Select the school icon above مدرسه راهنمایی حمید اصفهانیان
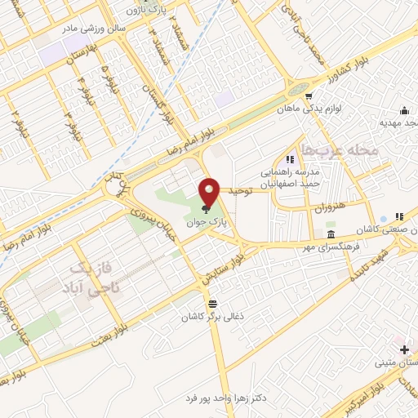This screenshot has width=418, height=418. pyautogui.click(x=287, y=159)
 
